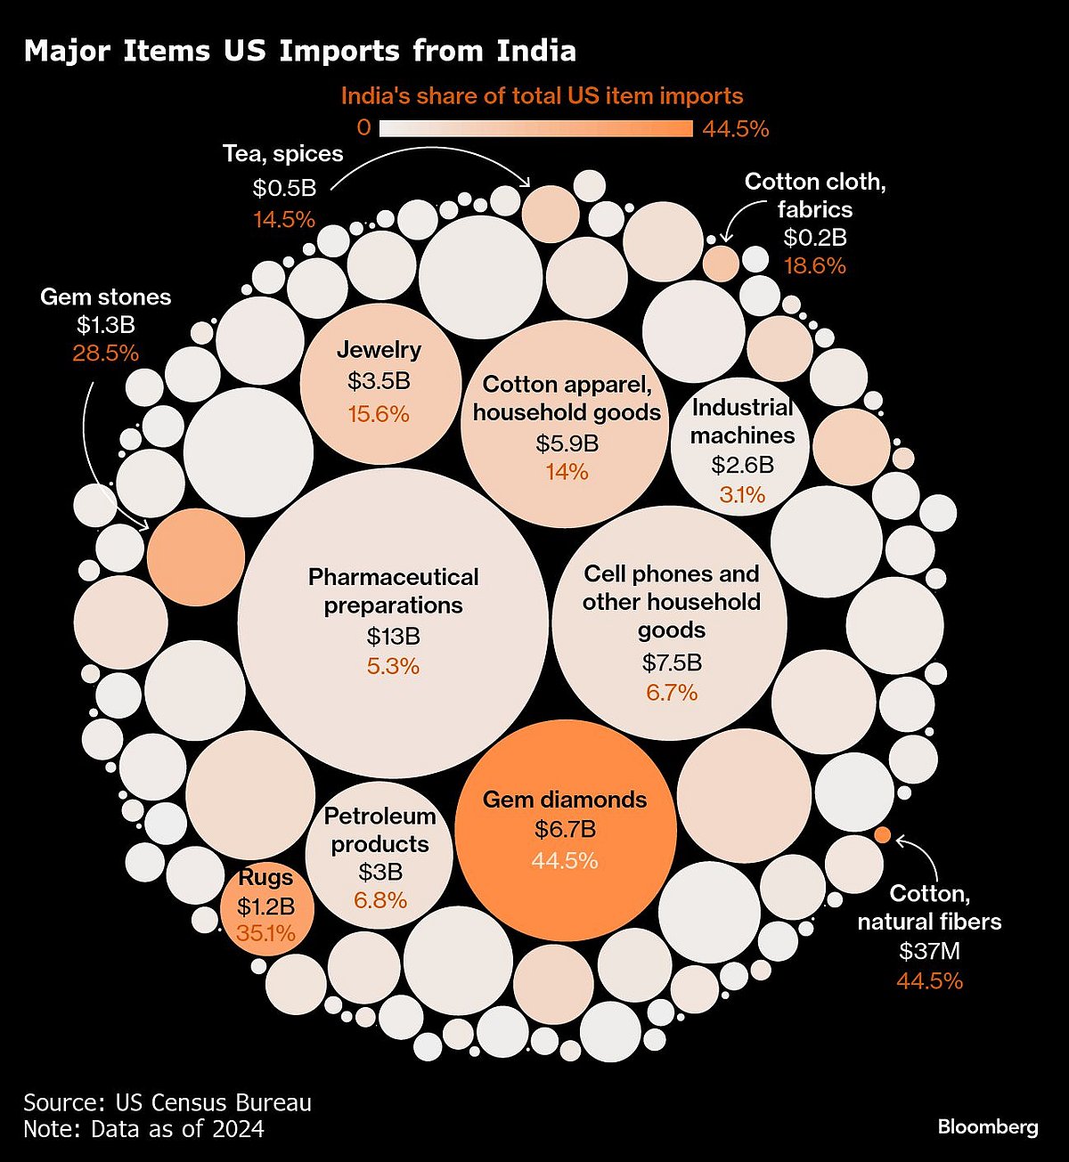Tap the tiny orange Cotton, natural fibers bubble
[882, 834]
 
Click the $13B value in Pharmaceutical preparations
[393, 637]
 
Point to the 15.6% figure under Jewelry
[379, 414]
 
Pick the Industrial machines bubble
[741, 450]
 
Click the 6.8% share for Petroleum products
[380, 900]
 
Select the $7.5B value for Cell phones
[672, 662]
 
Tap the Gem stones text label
[105, 297]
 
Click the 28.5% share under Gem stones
[105, 353]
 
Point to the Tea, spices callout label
[282, 154]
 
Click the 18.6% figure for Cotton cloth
[814, 266]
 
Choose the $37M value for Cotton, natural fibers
[929, 951]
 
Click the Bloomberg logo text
[987, 1127]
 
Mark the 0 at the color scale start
[363, 128]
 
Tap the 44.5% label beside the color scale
[735, 129]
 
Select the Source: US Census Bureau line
[167, 1102]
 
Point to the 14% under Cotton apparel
[567, 472]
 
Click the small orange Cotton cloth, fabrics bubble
[721, 264]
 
